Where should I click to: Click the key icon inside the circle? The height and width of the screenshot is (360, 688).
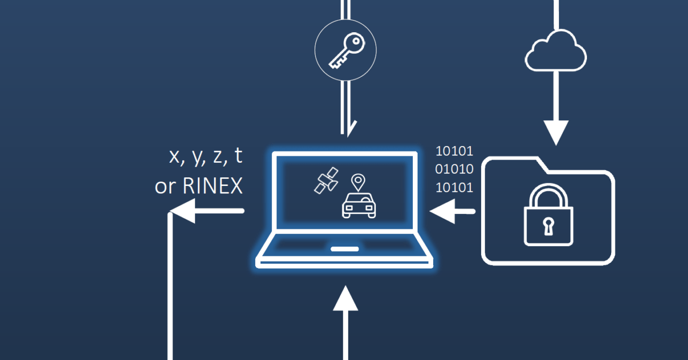(x=345, y=51)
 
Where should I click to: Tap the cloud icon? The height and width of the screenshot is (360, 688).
(x=555, y=51)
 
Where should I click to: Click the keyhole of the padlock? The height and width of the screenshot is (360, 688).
(x=548, y=226)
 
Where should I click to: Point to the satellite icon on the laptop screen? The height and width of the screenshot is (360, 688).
(x=327, y=179)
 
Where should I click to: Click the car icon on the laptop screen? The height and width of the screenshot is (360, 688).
(x=359, y=206)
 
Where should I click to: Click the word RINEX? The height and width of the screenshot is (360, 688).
(x=213, y=186)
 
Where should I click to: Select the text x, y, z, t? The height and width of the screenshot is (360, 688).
(x=206, y=156)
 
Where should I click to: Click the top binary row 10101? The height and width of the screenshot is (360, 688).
(x=454, y=151)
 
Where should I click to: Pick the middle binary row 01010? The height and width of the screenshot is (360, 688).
(x=454, y=169)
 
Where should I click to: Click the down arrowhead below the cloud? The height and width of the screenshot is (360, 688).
(x=556, y=132)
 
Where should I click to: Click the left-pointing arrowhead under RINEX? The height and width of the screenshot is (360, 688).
(x=183, y=211)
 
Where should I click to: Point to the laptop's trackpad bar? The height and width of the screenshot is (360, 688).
(x=345, y=249)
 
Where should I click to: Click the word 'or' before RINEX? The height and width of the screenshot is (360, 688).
(x=166, y=186)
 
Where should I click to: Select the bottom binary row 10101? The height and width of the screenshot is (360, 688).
(x=454, y=188)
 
